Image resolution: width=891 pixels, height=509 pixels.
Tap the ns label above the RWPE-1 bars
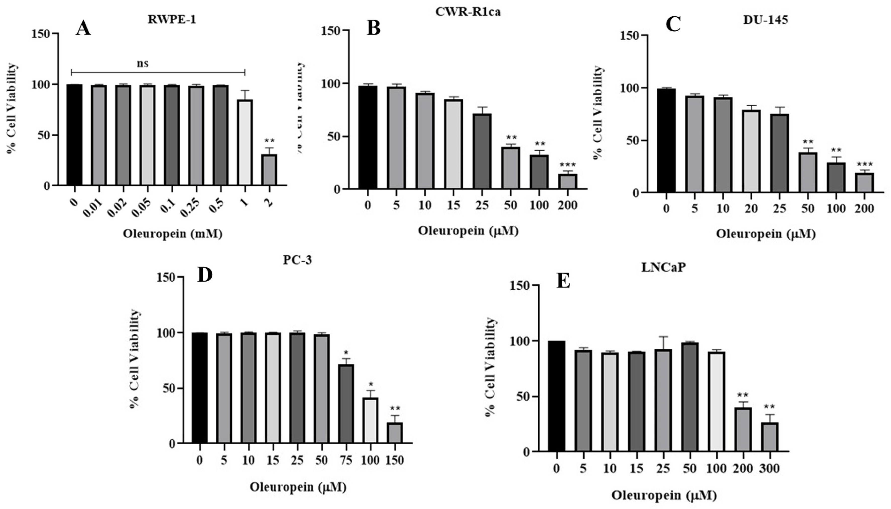[x=142, y=64]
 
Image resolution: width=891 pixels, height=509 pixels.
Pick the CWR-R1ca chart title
[x=468, y=12]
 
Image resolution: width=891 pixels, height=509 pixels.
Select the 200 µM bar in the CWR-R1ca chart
[x=567, y=181]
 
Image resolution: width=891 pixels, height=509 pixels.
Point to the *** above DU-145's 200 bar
[x=864, y=164]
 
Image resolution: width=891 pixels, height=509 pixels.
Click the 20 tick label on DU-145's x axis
[x=751, y=209]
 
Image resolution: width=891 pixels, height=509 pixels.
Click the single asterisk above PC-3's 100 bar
[x=371, y=385]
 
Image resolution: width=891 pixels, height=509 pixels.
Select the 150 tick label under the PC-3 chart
[x=395, y=460]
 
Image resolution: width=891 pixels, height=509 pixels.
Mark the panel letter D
[x=205, y=275]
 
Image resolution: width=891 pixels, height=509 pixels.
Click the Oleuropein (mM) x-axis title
[x=173, y=234]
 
